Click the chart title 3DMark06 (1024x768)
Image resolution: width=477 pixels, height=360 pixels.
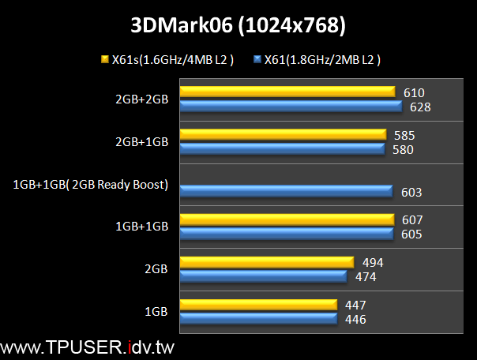(x=238, y=25)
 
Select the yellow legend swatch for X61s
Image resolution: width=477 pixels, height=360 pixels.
(x=103, y=59)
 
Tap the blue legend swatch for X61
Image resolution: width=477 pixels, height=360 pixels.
(x=257, y=59)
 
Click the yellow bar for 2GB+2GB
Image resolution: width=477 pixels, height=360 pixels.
(x=287, y=92)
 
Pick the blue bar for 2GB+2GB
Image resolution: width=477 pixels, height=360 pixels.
(x=295, y=106)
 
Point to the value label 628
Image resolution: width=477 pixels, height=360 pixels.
(x=420, y=107)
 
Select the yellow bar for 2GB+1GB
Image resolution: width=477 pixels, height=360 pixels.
(x=283, y=135)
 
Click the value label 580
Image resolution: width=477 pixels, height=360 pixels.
(x=403, y=148)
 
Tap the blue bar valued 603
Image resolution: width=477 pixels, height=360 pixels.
(x=286, y=191)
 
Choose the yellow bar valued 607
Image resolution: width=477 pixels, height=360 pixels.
(x=287, y=219)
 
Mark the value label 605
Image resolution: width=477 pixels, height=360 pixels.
(x=411, y=234)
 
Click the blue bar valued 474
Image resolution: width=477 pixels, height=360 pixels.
(x=263, y=276)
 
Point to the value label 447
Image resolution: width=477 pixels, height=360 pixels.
(x=355, y=305)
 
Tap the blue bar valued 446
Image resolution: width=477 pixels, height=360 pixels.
(x=257, y=318)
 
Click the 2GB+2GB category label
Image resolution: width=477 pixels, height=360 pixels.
(x=141, y=99)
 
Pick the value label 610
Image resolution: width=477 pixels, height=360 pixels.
(x=413, y=92)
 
